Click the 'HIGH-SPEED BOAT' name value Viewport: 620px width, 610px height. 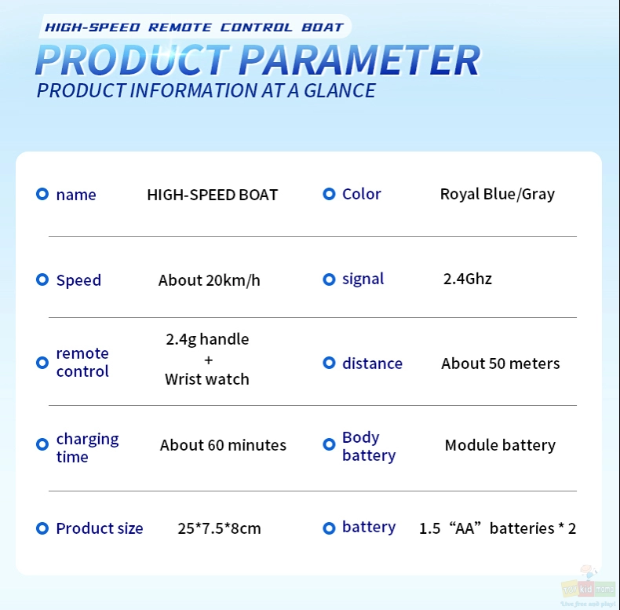coord(213,195)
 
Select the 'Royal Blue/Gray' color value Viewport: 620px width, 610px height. coord(497,194)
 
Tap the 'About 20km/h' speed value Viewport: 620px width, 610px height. coord(210,280)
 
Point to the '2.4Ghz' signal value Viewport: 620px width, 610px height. coord(468,279)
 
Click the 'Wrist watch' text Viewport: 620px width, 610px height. coord(207,379)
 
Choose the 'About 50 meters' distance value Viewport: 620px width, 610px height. coord(500,363)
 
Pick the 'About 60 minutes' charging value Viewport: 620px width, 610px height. coord(223,445)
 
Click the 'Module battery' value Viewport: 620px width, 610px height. coord(500,445)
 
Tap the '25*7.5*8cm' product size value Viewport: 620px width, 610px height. coord(219,528)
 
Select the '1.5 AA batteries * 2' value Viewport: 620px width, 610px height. coord(497,528)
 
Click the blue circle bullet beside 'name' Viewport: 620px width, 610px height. coord(42,194)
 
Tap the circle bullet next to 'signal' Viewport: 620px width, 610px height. coord(329,279)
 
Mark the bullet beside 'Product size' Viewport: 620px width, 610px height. coord(42,528)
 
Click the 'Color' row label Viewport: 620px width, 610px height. coord(361,194)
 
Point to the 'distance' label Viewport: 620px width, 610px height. coord(372,363)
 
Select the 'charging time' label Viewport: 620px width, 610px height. coord(87,447)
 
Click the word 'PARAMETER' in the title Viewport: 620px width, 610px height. coord(359,60)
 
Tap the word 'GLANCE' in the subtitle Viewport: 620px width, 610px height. coord(340,90)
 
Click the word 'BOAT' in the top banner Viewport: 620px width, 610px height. coord(323,27)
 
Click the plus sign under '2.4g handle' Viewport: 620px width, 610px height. coord(209,360)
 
